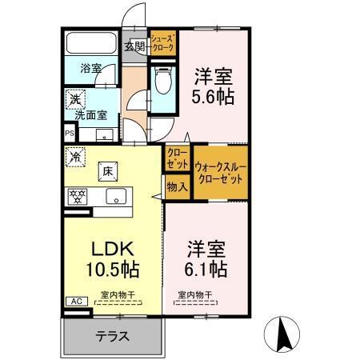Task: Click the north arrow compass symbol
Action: (286, 334)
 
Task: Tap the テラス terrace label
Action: (112, 337)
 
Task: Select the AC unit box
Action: (76, 302)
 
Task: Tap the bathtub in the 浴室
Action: (90, 43)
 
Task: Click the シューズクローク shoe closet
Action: (162, 42)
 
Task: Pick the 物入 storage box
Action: (177, 187)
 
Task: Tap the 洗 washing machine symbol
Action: (74, 100)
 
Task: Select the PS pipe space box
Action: (68, 134)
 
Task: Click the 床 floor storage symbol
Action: (106, 170)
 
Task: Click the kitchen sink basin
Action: (118, 197)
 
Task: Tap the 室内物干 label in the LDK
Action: (117, 295)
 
